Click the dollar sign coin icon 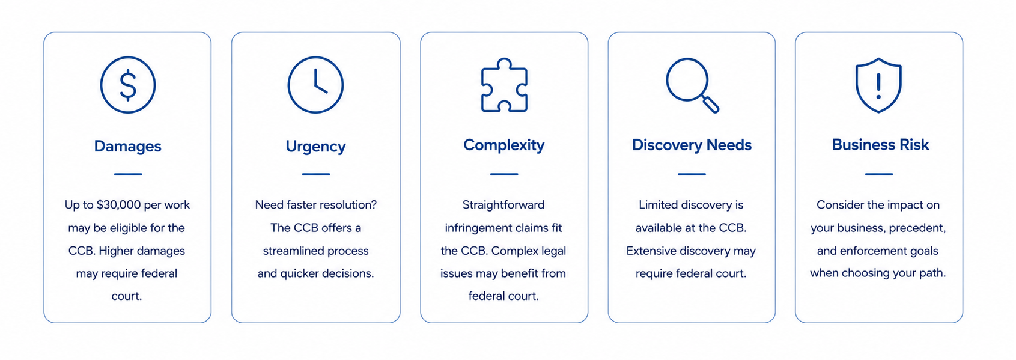click(128, 85)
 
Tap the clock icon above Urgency click(315, 85)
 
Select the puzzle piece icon click(504, 85)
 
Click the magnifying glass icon click(692, 85)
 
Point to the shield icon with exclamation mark click(878, 85)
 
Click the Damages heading click(127, 146)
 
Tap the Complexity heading click(504, 145)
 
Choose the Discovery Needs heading click(692, 145)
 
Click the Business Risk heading click(880, 144)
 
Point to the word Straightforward click(503, 205)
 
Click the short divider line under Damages click(128, 174)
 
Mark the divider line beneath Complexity click(504, 174)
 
